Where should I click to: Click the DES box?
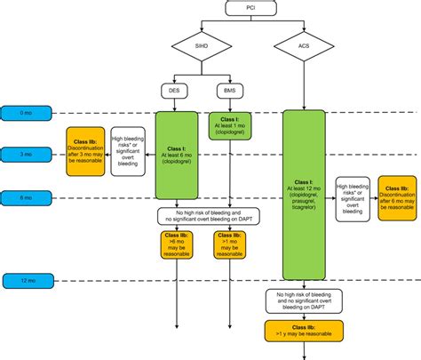coord(176,90)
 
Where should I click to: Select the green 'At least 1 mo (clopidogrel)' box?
coord(229,125)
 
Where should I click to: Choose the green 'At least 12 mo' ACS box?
coord(304,194)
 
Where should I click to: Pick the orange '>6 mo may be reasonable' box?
coord(176,244)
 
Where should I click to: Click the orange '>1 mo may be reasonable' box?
coord(228,244)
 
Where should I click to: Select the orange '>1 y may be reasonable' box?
coord(303,331)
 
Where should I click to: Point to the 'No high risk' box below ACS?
coord(303,300)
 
